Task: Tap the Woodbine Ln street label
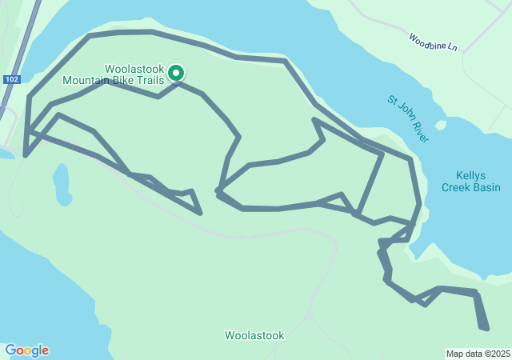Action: pyautogui.click(x=432, y=42)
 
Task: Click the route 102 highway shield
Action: pyautogui.click(x=11, y=79)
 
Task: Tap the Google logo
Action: pyautogui.click(x=26, y=350)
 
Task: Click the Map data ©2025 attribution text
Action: pyautogui.click(x=478, y=354)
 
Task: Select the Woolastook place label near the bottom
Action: pyautogui.click(x=254, y=335)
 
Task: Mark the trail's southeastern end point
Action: pyautogui.click(x=484, y=326)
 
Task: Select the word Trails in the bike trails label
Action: pyautogui.click(x=149, y=80)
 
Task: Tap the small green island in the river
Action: pyautogui.click(x=440, y=125)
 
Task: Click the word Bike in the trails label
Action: pyautogui.click(x=122, y=80)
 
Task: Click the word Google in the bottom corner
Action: pyautogui.click(x=26, y=350)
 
